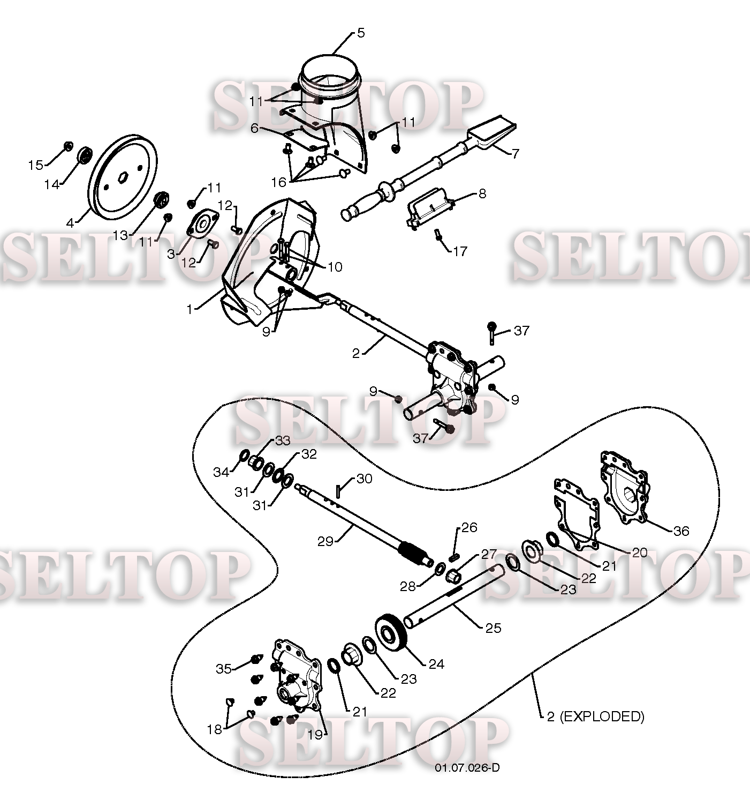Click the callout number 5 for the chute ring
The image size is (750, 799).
point(361,33)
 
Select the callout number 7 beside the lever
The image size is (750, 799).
point(515,154)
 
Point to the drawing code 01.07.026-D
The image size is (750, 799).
point(467,768)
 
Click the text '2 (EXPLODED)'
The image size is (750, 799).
point(595,716)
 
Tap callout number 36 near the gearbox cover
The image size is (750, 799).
point(681,531)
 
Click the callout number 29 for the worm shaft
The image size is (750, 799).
point(325,541)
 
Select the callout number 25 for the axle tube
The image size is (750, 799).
point(493,628)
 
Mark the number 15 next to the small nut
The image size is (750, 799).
point(36,165)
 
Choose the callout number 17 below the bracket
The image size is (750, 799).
point(460,251)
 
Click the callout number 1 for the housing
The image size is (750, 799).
point(190,309)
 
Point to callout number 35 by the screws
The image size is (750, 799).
point(224,669)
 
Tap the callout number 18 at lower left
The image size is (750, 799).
point(214,729)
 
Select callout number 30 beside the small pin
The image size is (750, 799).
point(364,479)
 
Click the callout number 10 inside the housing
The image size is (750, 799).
point(335,267)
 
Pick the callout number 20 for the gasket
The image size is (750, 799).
point(640,552)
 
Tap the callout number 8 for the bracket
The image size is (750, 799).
point(482,193)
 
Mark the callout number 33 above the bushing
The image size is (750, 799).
point(283,440)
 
